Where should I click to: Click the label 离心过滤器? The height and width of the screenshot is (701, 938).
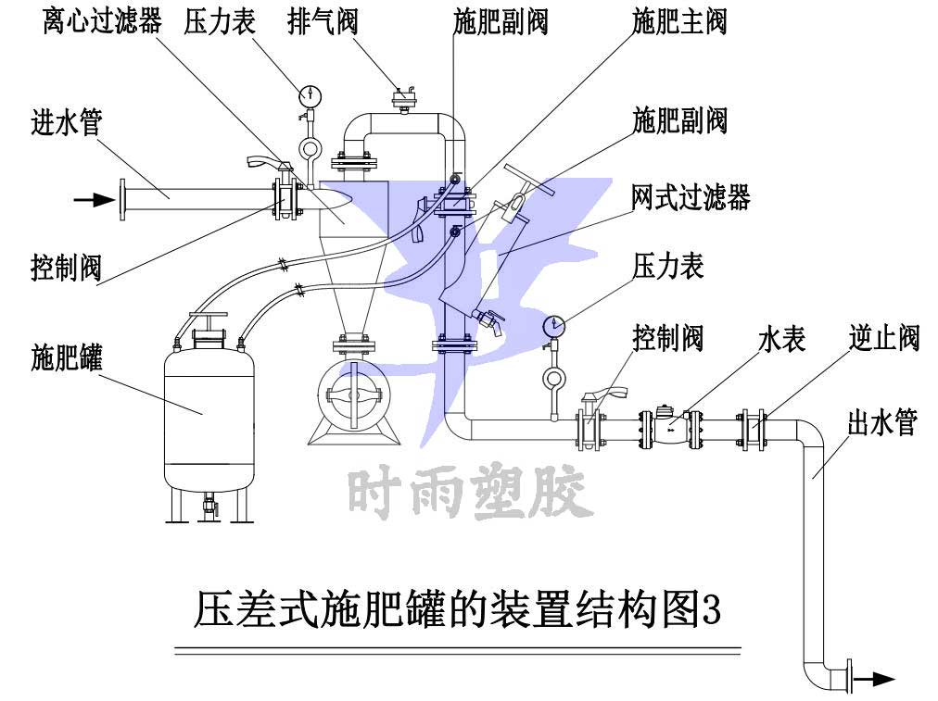(102, 20)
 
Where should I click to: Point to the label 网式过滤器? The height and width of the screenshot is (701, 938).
(691, 197)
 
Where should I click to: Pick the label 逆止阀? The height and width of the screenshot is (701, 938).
(883, 338)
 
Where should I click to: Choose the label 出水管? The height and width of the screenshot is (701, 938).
(881, 423)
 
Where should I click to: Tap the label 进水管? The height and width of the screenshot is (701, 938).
(66, 122)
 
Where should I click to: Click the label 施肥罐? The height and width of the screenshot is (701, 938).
(66, 357)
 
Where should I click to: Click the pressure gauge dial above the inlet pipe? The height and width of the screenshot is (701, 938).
(310, 94)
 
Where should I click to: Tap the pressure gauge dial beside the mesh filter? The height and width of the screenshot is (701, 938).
(554, 324)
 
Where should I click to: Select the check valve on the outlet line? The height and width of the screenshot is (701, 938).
(750, 429)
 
